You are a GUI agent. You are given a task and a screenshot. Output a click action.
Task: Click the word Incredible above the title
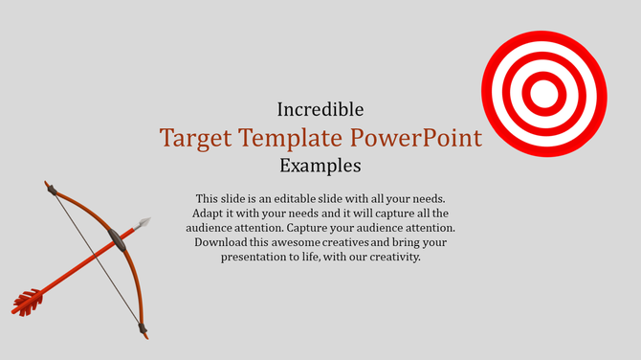[x=320, y=109]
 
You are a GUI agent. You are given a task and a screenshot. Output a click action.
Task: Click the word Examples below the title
[x=320, y=166]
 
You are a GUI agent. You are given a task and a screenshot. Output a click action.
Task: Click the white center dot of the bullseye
[x=542, y=93]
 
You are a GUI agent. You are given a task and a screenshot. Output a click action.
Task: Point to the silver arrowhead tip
[x=146, y=222]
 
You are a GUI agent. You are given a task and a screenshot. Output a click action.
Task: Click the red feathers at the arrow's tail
[x=27, y=303]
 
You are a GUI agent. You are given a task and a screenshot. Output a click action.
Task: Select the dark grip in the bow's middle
[x=118, y=237]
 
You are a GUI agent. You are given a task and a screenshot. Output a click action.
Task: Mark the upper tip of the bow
[x=47, y=185]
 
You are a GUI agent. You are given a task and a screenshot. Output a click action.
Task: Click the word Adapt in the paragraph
[x=209, y=214]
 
